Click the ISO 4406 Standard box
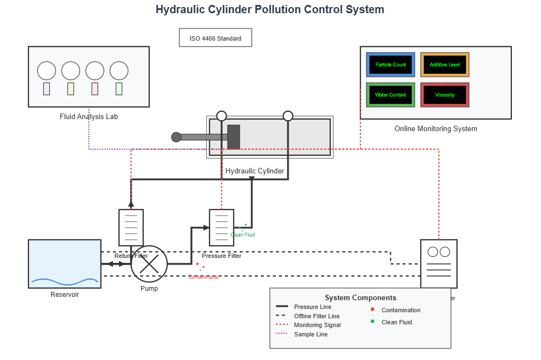pos(215,38)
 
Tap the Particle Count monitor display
pos(391,65)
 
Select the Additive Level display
pos(445,65)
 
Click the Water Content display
pos(391,95)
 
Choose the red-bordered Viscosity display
pos(445,95)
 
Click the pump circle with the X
pos(149,264)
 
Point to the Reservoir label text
pos(65,295)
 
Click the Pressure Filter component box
pos(222,227)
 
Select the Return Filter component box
pos(131,227)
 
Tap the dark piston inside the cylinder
pos(234,137)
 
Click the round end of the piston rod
pos(176,137)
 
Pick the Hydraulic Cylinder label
pos(255,171)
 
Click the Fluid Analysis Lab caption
pos(89,117)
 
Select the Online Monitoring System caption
pos(436,129)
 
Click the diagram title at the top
pos(270,9)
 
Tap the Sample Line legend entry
pos(311,334)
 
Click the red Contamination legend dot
pos(373,310)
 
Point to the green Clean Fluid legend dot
pos(373,322)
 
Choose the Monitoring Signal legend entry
pos(317,325)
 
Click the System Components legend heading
pos(360,298)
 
